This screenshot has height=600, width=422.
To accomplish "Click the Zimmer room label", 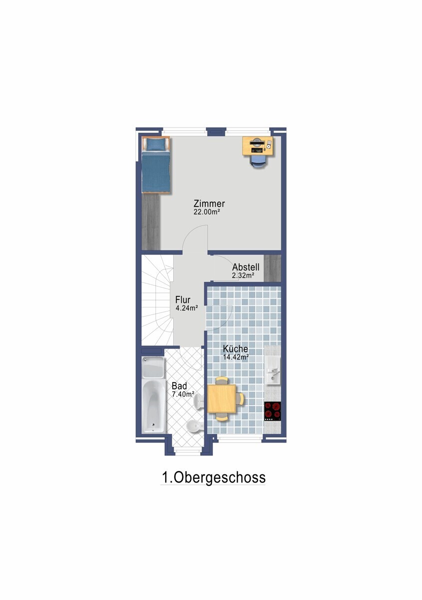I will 209,204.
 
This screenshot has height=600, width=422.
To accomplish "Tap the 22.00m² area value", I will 207,212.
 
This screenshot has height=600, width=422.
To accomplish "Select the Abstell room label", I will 245,267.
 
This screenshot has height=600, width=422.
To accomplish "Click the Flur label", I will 182,300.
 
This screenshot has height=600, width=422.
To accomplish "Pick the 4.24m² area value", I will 186,308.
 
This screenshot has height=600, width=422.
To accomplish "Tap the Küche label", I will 236,349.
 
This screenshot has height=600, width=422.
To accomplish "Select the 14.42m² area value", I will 236,357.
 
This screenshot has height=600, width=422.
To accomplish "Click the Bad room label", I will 179,386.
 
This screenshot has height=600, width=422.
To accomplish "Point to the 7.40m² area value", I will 183,393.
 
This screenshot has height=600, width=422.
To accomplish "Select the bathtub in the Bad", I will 153,406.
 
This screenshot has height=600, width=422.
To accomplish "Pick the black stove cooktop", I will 272,410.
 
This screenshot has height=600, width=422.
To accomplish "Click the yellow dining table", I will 222,398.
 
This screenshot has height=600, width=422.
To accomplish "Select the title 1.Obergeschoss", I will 213,477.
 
